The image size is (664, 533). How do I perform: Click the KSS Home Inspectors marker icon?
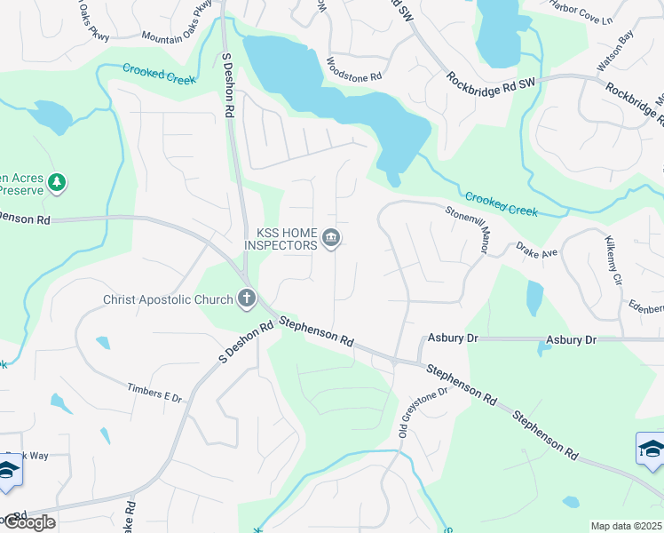coord(332,239)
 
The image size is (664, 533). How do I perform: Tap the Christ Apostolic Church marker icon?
coord(247,299)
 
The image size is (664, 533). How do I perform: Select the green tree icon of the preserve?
coord(58,182)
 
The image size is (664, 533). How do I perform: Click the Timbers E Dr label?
coord(154,392)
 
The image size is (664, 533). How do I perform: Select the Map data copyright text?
coord(626,526)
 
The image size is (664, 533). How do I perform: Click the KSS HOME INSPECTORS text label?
coord(286,238)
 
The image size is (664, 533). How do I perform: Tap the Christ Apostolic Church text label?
coord(168,299)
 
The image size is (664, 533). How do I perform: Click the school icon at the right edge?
coord(651,449)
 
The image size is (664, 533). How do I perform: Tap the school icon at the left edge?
coord(7,473)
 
